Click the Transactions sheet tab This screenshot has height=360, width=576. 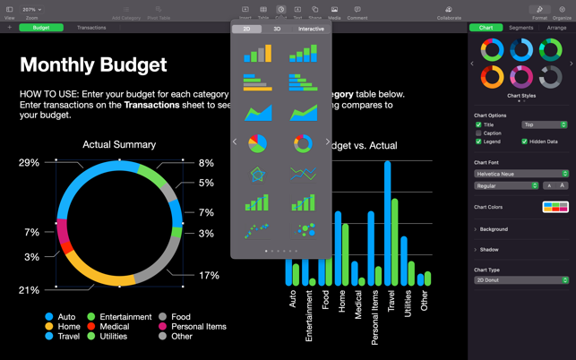pyautogui.click(x=91, y=28)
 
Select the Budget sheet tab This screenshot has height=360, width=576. pyautogui.click(x=41, y=28)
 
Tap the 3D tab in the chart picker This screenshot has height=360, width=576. pyautogui.click(x=277, y=29)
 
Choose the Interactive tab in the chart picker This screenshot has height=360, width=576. pyautogui.click(x=311, y=29)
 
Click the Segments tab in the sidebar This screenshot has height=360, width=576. pyautogui.click(x=520, y=28)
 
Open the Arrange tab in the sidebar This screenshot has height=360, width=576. pyautogui.click(x=556, y=28)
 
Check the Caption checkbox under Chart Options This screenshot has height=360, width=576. pyautogui.click(x=479, y=133)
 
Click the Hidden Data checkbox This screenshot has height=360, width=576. pyautogui.click(x=525, y=141)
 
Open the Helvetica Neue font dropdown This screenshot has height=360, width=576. pyautogui.click(x=520, y=174)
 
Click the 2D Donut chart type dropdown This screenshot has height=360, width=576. pyautogui.click(x=520, y=280)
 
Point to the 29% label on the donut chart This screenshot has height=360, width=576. pyautogui.click(x=29, y=163)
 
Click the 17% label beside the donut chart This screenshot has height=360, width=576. pyautogui.click(x=209, y=276)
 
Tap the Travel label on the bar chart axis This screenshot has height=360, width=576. pyautogui.click(x=391, y=300)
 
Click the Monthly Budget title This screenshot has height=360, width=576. pyautogui.click(x=93, y=64)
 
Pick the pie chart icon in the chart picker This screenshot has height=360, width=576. pyautogui.click(x=257, y=142)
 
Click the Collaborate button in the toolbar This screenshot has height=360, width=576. pyautogui.click(x=449, y=13)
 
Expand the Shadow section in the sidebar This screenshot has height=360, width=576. pyautogui.click(x=489, y=250)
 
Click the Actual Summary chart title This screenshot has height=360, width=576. pyautogui.click(x=119, y=144)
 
